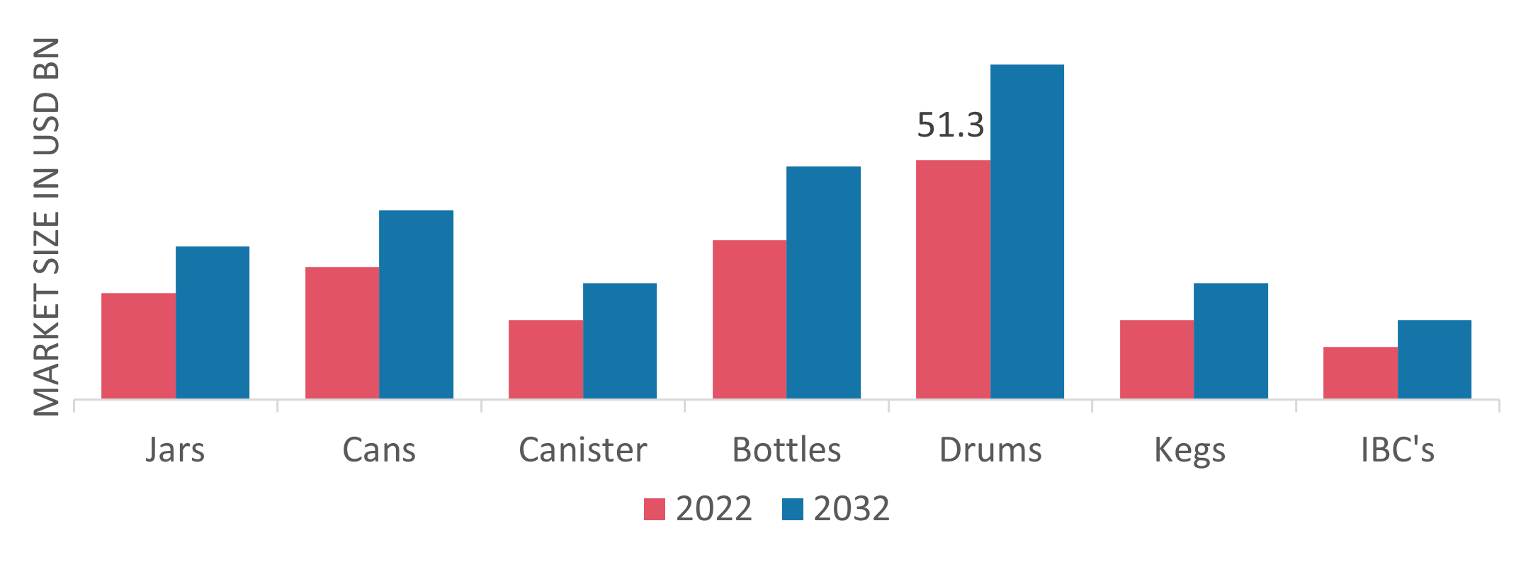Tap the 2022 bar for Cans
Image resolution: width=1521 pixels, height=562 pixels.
click(342, 333)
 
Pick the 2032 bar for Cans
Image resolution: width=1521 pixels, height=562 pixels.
click(417, 304)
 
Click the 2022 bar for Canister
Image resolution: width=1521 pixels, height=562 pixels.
click(545, 359)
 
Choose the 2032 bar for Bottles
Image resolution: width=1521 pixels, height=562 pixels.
click(824, 282)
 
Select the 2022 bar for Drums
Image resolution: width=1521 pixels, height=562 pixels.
click(953, 279)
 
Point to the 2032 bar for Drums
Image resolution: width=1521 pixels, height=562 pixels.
click(1027, 231)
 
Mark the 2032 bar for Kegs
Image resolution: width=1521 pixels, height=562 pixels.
click(1231, 340)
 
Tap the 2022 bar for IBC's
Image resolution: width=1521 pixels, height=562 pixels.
click(1360, 372)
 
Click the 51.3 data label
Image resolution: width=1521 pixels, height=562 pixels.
click(951, 126)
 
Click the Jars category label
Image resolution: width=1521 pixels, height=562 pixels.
click(175, 450)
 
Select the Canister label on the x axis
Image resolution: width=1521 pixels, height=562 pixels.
click(582, 450)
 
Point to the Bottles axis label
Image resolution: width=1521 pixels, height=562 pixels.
click(786, 450)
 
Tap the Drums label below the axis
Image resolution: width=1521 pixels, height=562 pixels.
click(990, 450)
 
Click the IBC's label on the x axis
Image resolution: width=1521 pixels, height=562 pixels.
click(1397, 450)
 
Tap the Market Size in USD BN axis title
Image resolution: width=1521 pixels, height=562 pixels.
click(47, 226)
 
